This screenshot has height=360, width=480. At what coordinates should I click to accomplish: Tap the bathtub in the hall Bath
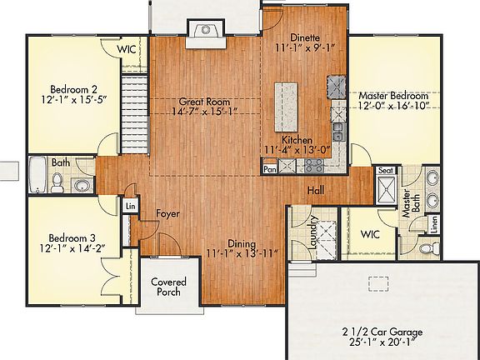pyautogui.click(x=39, y=178)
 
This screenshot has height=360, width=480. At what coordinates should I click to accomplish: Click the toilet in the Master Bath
pyautogui.click(x=427, y=247)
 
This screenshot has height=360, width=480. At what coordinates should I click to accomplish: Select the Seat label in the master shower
pyautogui.click(x=386, y=170)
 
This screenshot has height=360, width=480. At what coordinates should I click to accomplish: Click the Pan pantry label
pyautogui.click(x=269, y=169)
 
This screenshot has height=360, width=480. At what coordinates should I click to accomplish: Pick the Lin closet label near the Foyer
pyautogui.click(x=130, y=206)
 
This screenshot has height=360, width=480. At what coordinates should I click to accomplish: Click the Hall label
pyautogui.click(x=316, y=190)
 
